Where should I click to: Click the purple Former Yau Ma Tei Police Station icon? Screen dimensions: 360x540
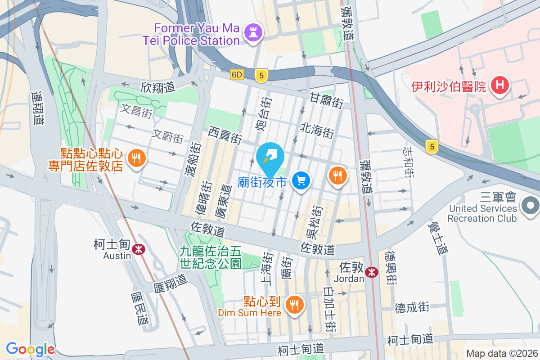[x=253, y=32]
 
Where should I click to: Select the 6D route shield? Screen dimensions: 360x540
[x=237, y=75]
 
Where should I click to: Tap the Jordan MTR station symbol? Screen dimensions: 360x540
[x=372, y=272]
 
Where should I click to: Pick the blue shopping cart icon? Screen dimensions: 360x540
[x=300, y=181]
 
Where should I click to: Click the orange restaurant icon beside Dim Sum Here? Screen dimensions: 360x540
[x=295, y=305]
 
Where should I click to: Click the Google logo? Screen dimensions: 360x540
[x=30, y=349]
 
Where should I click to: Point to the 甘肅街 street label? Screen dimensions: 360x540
[x=326, y=99]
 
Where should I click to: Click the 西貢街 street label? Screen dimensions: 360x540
[x=225, y=135]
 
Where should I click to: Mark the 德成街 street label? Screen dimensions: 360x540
[x=412, y=308]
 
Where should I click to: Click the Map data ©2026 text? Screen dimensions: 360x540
[x=502, y=354]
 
